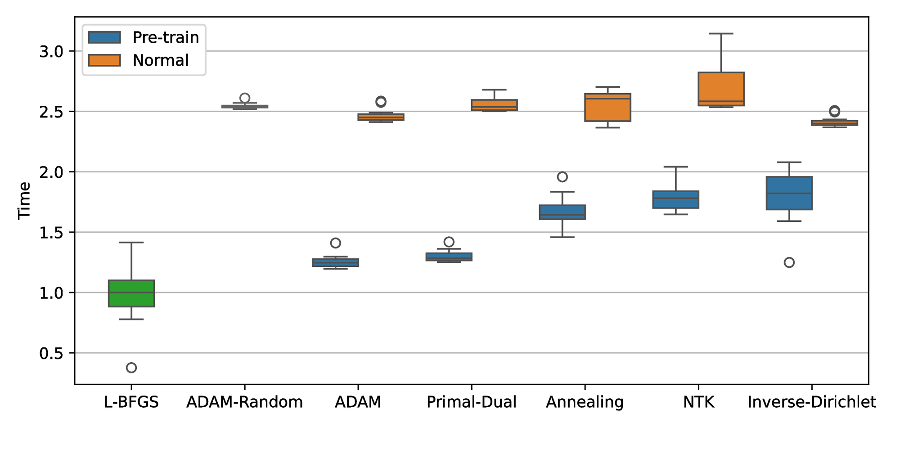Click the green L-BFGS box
click(131, 293)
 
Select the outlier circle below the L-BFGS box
click(131, 368)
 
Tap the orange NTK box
click(721, 89)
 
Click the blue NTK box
click(675, 199)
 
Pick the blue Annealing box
click(562, 212)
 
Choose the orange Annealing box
click(607, 108)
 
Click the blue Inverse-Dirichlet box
click(789, 193)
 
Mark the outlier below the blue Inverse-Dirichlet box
click(789, 262)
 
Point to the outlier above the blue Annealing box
click(562, 177)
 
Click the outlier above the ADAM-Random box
click(245, 98)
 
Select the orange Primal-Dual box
click(494, 105)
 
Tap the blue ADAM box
click(335, 262)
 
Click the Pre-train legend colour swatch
click(104, 37)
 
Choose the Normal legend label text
click(161, 60)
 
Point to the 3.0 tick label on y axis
click(51, 52)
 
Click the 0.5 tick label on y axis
click(51, 354)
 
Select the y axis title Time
click(24, 201)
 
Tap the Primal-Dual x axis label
click(471, 402)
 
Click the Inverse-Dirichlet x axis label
click(811, 402)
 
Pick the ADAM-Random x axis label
click(244, 402)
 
